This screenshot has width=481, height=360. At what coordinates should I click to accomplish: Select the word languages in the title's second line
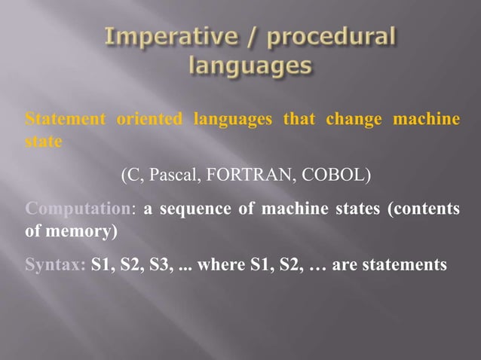(250, 68)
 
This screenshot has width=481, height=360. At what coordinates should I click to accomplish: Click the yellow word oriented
(149, 119)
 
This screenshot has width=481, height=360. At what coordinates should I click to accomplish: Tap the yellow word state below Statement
(41, 141)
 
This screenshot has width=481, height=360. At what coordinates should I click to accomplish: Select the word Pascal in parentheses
(179, 176)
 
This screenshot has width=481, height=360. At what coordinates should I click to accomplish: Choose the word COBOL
(335, 176)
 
